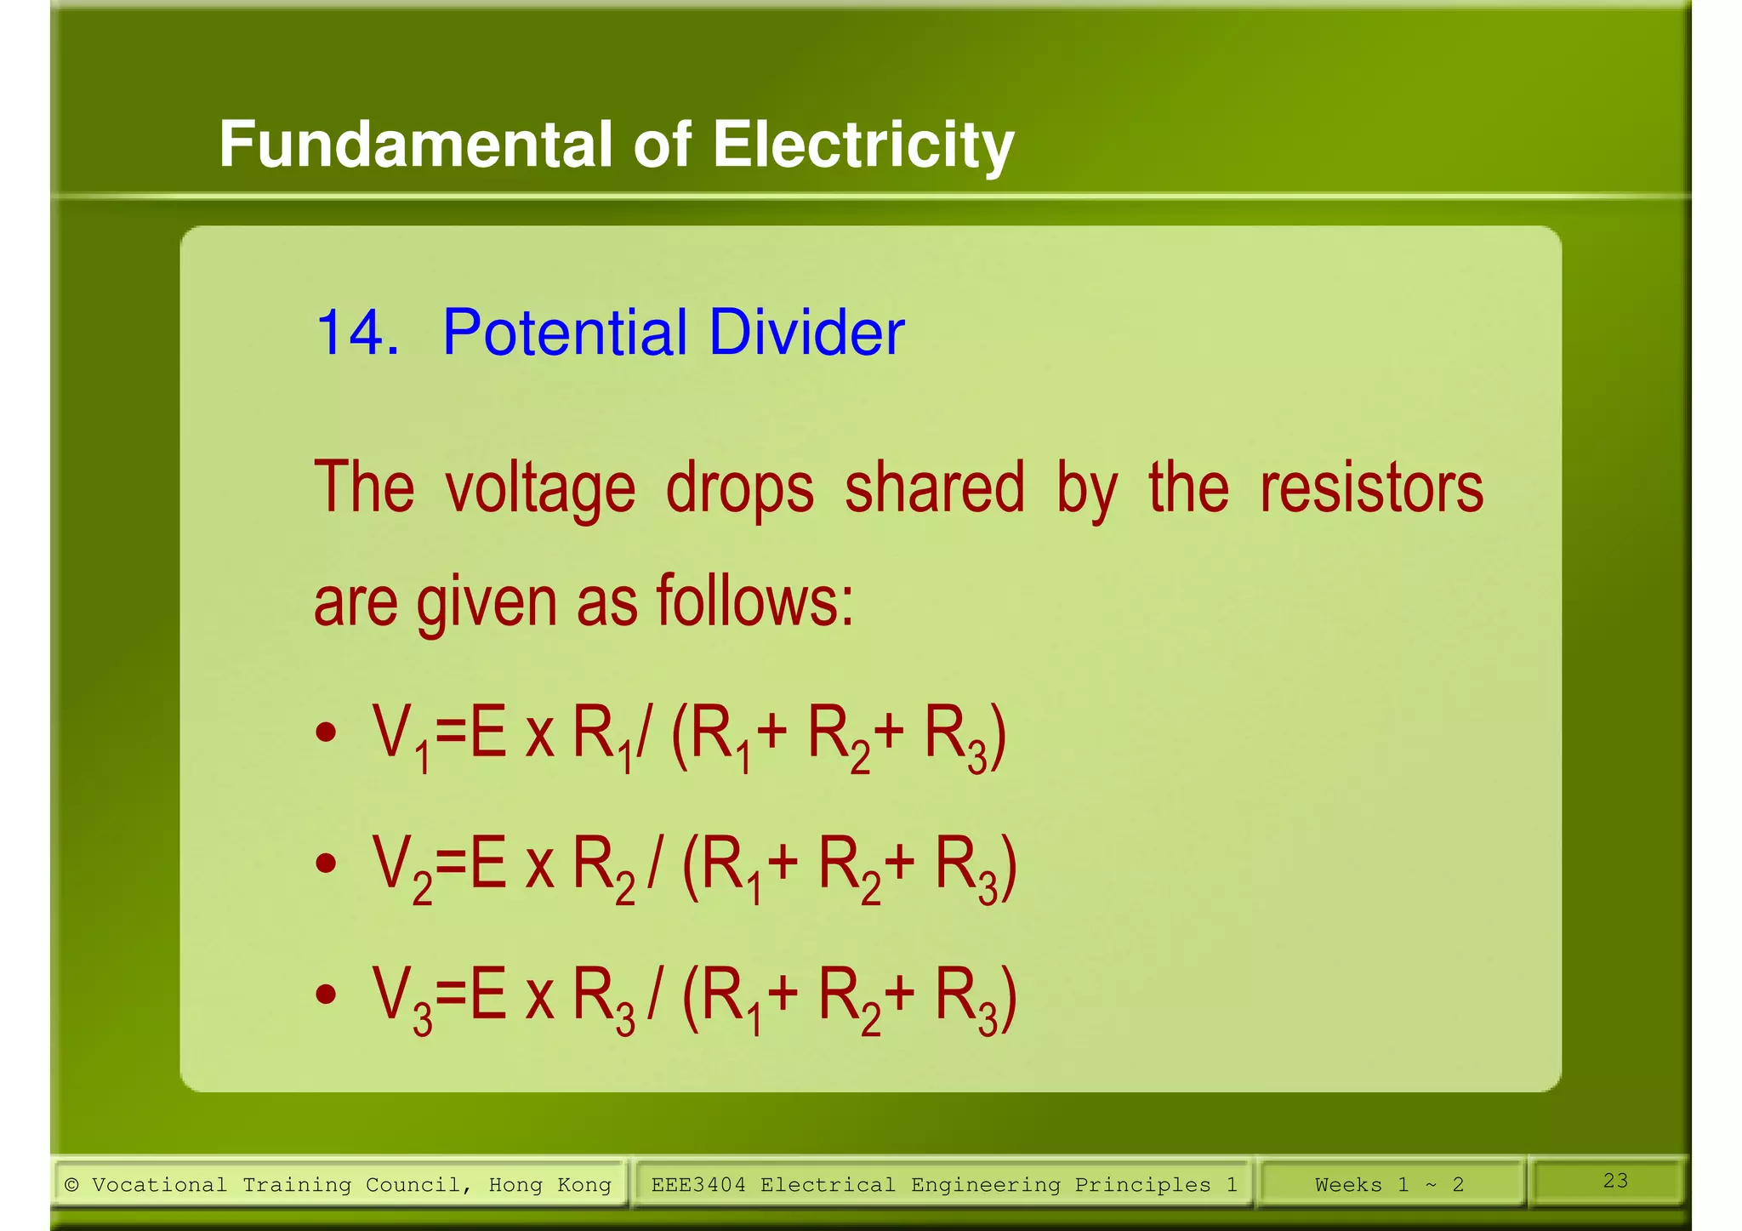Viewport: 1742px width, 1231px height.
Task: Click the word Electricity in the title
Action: [x=862, y=145]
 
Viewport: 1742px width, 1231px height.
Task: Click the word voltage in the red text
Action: [x=540, y=488]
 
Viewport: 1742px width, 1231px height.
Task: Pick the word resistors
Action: [x=1371, y=488]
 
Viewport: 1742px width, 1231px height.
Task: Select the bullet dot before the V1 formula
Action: [x=326, y=732]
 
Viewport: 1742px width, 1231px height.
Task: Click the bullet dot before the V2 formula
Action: [x=326, y=864]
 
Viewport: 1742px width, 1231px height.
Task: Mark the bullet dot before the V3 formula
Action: [x=326, y=994]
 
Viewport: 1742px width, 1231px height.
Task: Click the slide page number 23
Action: [x=1615, y=1180]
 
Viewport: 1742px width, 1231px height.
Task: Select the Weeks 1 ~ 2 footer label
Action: [x=1389, y=1184]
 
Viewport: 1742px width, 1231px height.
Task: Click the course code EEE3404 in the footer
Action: [x=698, y=1184]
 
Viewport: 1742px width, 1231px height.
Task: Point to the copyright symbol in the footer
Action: [x=72, y=1184]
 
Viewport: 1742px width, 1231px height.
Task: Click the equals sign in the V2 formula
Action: [x=451, y=864]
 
